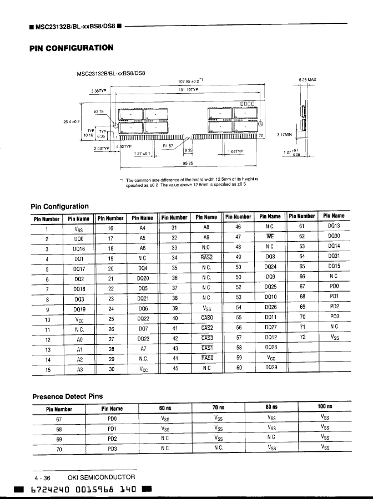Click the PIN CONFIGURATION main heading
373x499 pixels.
coord(72,48)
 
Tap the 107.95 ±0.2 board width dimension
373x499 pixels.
coord(189,80)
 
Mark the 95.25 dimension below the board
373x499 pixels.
coord(188,164)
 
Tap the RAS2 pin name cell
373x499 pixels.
coord(206,258)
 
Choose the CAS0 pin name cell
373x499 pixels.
coord(206,318)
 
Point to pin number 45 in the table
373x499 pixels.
coord(175,368)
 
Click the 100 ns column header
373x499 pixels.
coord(325,407)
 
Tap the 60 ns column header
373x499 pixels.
coord(164,408)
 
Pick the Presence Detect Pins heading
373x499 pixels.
coord(67,396)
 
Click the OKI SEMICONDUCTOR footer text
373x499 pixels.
coord(101,477)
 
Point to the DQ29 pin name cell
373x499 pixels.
coord(270,368)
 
